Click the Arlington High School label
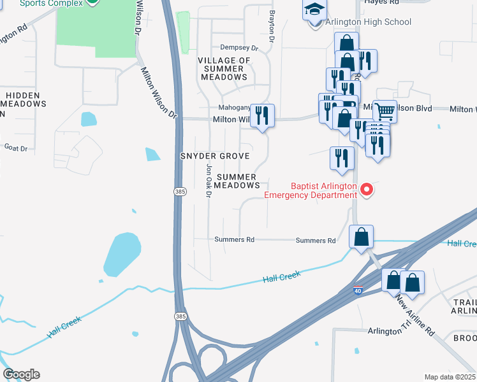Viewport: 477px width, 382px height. click(368, 22)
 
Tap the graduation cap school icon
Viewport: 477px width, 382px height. click(314, 11)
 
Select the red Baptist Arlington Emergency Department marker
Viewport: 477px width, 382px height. click(367, 189)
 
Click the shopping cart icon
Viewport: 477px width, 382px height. click(385, 111)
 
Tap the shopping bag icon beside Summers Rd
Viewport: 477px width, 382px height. click(361, 237)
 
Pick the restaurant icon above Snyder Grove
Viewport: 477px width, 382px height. click(262, 116)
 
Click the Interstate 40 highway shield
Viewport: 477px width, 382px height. click(359, 291)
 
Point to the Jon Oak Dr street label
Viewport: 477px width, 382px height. click(208, 181)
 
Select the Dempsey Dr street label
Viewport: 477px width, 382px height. click(238, 48)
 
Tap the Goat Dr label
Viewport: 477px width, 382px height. click(16, 148)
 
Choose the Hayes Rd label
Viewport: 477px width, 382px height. click(381, 3)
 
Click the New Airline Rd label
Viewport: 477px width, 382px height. click(414, 315)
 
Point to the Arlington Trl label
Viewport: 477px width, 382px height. click(389, 331)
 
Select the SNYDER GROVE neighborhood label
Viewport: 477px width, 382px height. click(214, 156)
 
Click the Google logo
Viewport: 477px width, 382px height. click(21, 374)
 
